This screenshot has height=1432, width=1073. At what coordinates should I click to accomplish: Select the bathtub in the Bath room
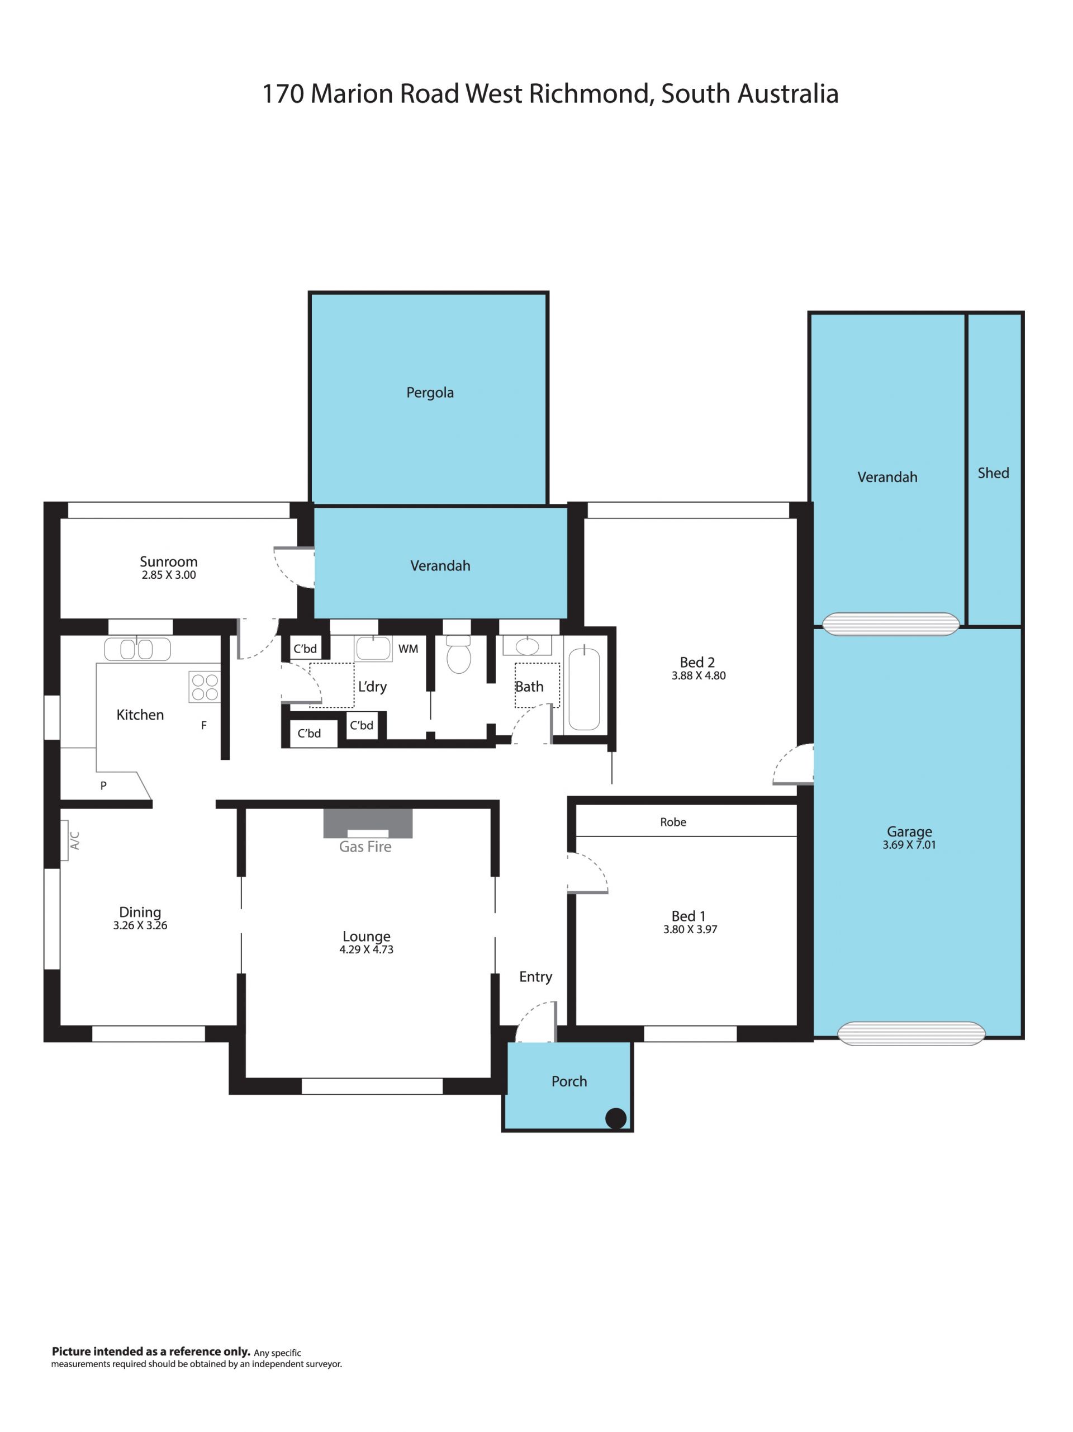point(584,688)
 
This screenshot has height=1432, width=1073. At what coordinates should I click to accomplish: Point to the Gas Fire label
point(365,847)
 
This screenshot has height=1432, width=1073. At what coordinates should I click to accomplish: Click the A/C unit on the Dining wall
point(65,841)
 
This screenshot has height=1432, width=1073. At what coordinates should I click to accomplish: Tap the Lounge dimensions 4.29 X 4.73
point(366,949)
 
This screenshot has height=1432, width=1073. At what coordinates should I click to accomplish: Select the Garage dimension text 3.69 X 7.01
point(909,845)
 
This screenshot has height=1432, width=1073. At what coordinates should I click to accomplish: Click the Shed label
point(993,473)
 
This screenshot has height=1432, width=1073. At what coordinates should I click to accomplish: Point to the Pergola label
point(430,393)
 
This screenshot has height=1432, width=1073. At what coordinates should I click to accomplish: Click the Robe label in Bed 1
point(673,822)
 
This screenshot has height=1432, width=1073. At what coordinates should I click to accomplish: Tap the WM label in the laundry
point(408,649)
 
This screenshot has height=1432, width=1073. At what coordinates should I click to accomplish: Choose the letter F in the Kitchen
point(204,726)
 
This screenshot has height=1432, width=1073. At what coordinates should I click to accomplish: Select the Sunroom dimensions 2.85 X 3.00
point(168,575)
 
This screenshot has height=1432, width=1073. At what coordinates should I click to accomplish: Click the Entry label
point(535,977)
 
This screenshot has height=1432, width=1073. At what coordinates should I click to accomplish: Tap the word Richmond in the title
point(589,94)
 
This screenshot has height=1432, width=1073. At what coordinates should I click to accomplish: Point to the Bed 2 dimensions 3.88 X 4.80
point(699,676)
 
